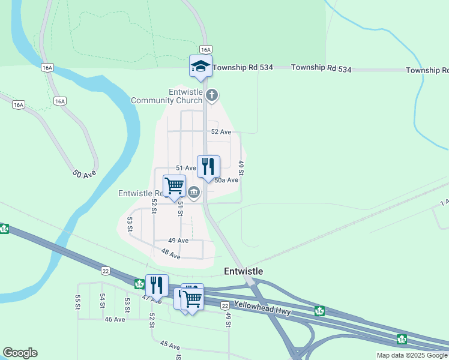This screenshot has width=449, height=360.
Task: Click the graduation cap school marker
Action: (201, 66)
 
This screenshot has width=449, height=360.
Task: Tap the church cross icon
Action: (211, 95)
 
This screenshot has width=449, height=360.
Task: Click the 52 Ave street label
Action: (221, 131)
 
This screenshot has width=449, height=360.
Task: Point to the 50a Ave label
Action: (226, 179)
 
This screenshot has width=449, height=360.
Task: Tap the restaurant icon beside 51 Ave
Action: (208, 166)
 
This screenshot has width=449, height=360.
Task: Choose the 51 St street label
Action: (179, 208)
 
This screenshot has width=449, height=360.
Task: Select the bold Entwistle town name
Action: (243, 271)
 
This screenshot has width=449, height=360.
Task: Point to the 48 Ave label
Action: (170, 254)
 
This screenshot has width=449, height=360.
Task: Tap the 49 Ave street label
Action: (178, 241)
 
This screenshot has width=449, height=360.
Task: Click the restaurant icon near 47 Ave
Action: (157, 285)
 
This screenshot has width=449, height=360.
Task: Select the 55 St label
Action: (77, 302)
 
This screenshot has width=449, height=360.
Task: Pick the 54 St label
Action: (103, 301)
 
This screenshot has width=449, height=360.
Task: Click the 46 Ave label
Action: (115, 319)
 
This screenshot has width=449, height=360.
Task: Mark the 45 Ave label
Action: (170, 346)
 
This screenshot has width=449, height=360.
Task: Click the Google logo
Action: (20, 353)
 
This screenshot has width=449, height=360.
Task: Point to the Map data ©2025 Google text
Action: (411, 355)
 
